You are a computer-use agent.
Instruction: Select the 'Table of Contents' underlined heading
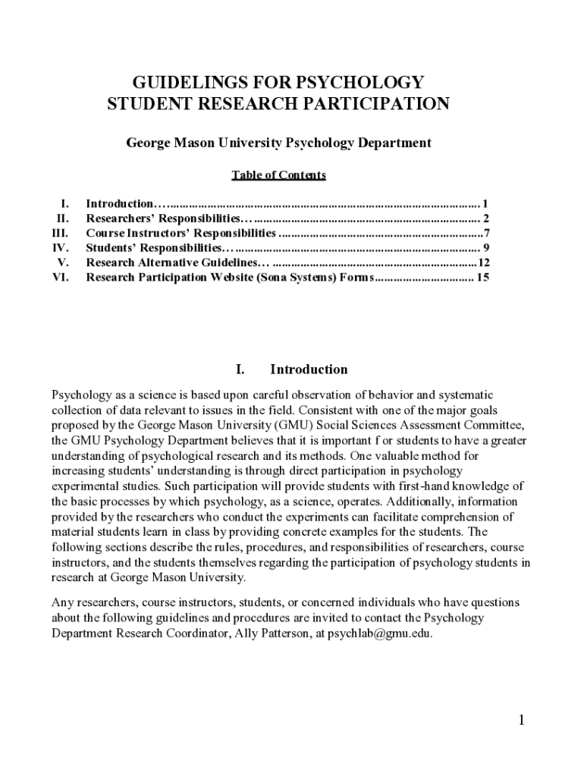point(278,175)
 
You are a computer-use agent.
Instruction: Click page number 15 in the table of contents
point(482,278)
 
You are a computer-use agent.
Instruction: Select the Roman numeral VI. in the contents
point(61,278)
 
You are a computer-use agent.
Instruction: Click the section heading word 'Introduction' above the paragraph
point(309,370)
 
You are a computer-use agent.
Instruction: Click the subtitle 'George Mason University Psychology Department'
point(278,143)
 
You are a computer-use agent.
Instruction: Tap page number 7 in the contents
point(486,233)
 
